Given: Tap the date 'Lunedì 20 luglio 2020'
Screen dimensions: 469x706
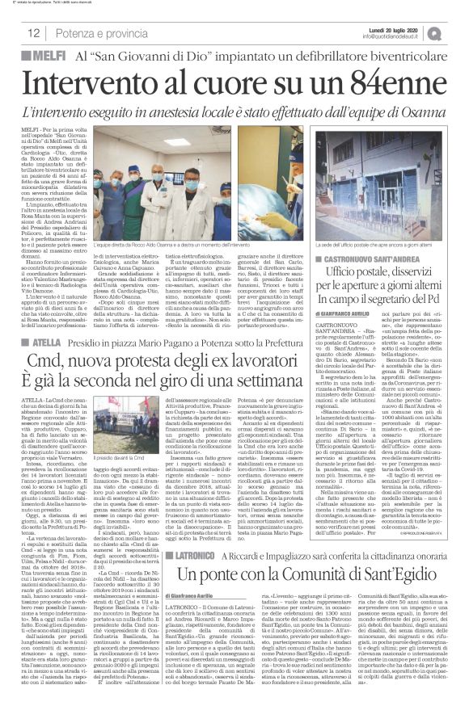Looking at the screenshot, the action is (405, 28).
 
